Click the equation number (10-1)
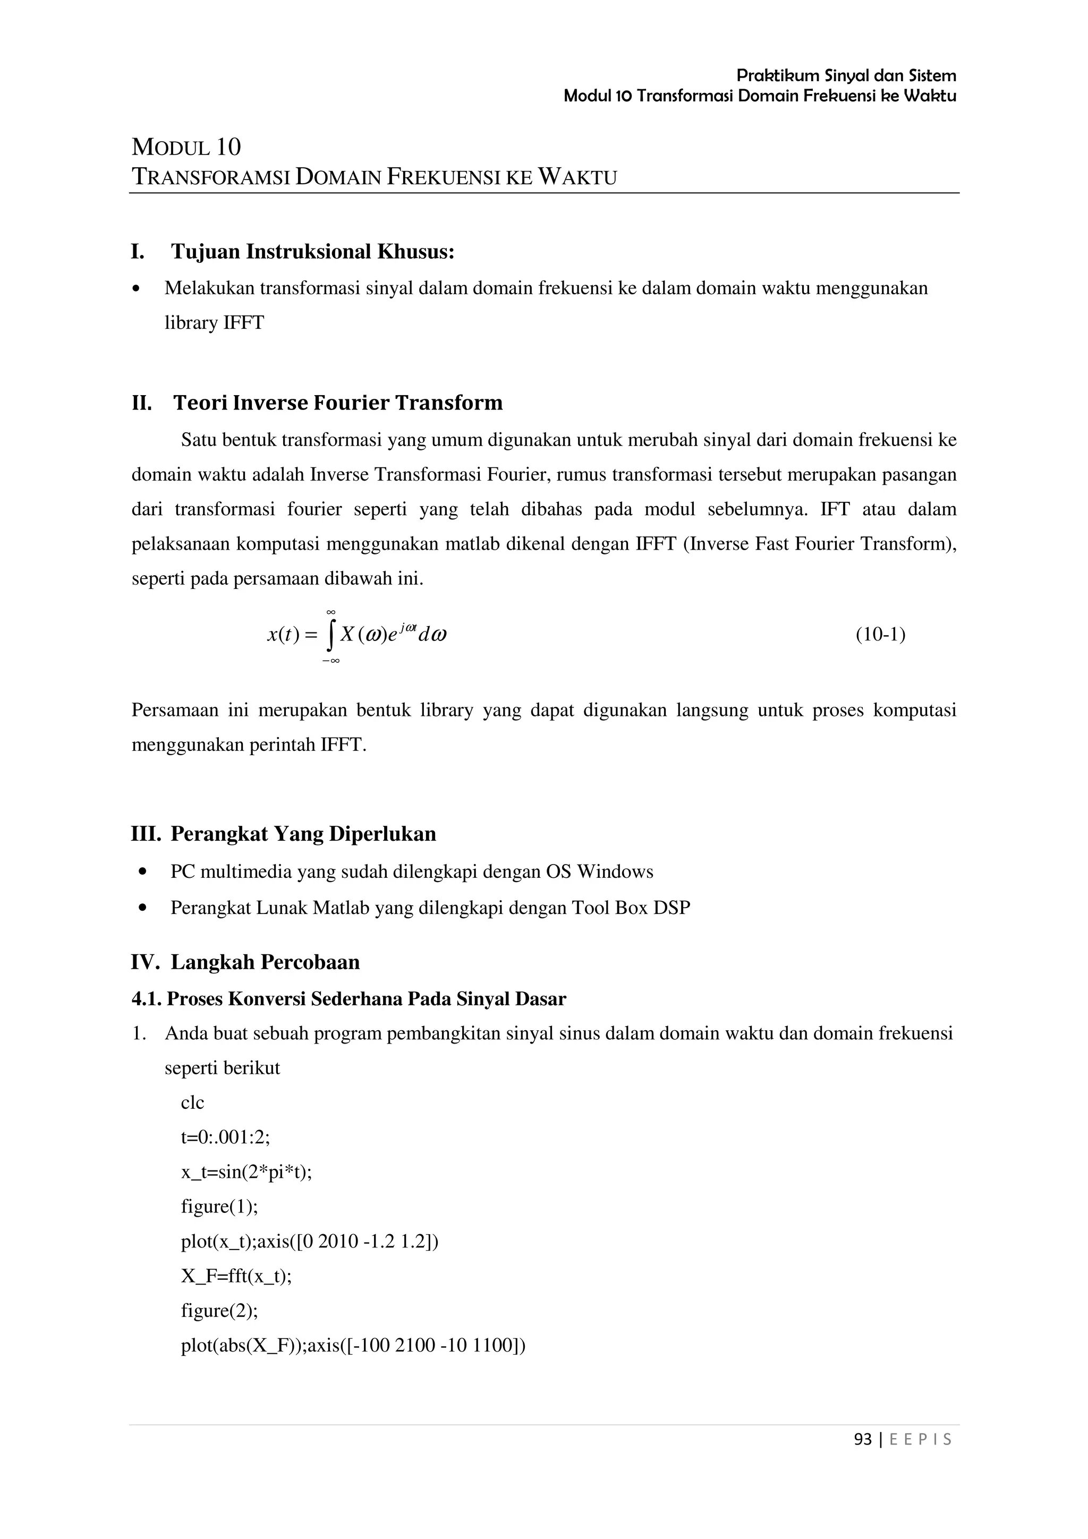click(880, 635)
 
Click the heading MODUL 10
click(186, 147)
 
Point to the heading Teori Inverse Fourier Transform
click(338, 403)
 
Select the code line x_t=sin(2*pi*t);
click(246, 1173)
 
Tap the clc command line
click(192, 1102)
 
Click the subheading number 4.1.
click(146, 999)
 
